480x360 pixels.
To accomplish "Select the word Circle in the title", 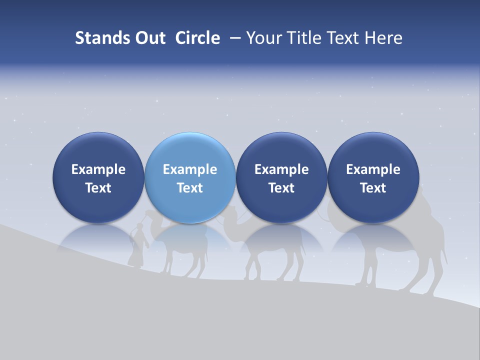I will [x=197, y=38].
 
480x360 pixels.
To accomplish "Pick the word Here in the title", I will [x=384, y=38].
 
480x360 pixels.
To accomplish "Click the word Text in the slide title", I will [x=344, y=38].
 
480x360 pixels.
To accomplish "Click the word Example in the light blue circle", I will [x=190, y=169].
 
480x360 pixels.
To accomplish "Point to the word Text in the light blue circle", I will [x=190, y=188].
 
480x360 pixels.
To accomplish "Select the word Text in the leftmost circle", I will [x=98, y=188].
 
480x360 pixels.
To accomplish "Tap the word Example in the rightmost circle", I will [x=373, y=169].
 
